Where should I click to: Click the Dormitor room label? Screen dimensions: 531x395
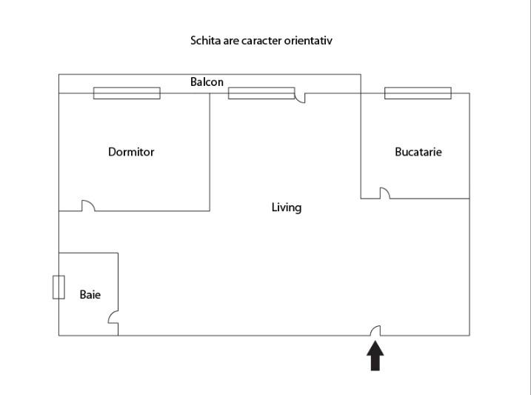click(x=131, y=152)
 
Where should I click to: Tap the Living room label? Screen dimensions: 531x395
click(x=287, y=208)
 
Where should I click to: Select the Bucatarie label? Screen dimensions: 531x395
click(x=418, y=152)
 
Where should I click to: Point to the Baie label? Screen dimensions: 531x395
click(x=90, y=294)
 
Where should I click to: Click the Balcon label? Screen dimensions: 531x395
click(x=207, y=82)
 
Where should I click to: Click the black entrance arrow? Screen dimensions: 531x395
click(x=375, y=356)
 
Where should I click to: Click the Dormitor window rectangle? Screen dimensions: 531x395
click(x=127, y=93)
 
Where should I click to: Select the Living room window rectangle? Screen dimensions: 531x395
click(x=261, y=93)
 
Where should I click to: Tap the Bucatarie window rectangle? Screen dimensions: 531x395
click(x=418, y=93)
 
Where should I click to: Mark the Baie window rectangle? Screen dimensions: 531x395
click(x=59, y=288)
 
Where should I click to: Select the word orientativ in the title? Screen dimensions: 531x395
click(x=308, y=41)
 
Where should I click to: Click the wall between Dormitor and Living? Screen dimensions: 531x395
click(x=210, y=152)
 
